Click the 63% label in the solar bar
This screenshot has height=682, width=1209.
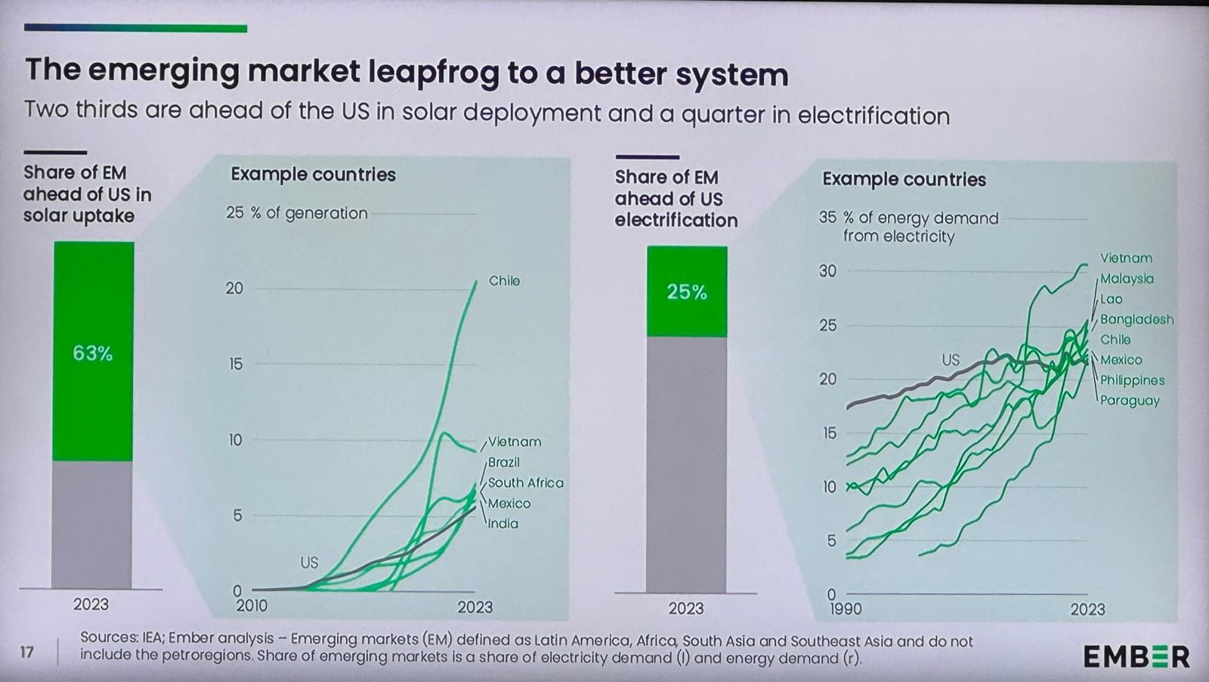point(92,353)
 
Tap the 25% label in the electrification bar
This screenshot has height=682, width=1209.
point(686,292)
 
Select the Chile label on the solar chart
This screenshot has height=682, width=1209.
point(504,281)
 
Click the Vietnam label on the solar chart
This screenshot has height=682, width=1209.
point(515,442)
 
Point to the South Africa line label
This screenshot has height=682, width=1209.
point(525,482)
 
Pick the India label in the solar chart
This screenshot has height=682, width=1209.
point(503,523)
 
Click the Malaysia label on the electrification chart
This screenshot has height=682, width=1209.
point(1127,278)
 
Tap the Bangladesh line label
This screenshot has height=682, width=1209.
point(1136,319)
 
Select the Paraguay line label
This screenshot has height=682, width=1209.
point(1130,401)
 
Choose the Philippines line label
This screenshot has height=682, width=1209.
point(1132,380)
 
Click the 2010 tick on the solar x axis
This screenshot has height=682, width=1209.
point(252,606)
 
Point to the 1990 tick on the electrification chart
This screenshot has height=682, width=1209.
point(846,609)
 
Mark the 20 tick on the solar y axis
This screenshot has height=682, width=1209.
point(235,288)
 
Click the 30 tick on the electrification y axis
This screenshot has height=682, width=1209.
point(827,271)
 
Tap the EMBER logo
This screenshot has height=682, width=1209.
point(1136,656)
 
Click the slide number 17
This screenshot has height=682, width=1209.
point(27,652)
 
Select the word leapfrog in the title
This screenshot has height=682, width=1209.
point(434,72)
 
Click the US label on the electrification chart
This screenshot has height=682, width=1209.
point(951,360)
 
